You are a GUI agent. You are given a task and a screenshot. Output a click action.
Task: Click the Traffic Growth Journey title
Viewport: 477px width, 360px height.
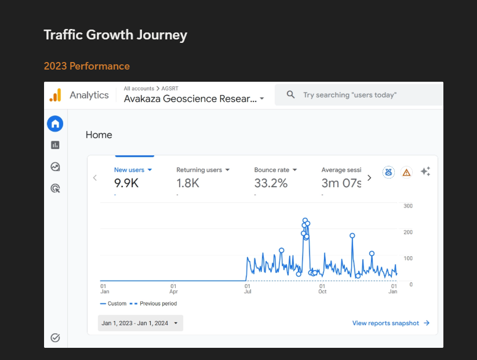pyautogui.click(x=115, y=35)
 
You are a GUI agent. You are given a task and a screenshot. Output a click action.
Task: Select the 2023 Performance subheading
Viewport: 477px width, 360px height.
pyautogui.click(x=87, y=66)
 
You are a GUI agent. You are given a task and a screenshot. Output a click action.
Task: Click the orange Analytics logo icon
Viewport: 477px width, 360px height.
pyautogui.click(x=56, y=95)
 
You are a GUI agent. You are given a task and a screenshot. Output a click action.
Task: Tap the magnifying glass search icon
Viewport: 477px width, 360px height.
pyautogui.click(x=290, y=94)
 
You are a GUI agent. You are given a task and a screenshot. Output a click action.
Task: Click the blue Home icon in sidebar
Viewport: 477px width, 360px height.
pyautogui.click(x=55, y=124)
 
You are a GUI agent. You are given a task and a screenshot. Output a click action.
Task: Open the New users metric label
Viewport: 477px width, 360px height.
pyautogui.click(x=129, y=170)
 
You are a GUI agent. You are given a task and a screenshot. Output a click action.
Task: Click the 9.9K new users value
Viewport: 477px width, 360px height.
pyautogui.click(x=126, y=183)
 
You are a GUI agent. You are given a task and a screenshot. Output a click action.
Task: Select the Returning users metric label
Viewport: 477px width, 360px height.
pyautogui.click(x=199, y=170)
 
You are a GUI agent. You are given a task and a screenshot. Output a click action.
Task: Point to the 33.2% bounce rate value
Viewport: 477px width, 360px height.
pyautogui.click(x=271, y=183)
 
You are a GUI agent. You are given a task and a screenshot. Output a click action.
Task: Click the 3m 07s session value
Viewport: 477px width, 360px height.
pyautogui.click(x=341, y=183)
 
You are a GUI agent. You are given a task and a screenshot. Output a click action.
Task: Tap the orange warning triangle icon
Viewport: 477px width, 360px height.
pyautogui.click(x=406, y=173)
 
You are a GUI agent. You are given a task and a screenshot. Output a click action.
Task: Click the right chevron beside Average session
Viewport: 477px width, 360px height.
pyautogui.click(x=369, y=178)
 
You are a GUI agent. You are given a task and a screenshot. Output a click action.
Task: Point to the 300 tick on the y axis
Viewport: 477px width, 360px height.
pyautogui.click(x=408, y=206)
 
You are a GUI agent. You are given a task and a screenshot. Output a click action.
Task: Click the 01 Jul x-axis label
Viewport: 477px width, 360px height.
pyautogui.click(x=247, y=289)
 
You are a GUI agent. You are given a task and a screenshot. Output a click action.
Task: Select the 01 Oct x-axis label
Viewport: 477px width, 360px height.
pyautogui.click(x=322, y=289)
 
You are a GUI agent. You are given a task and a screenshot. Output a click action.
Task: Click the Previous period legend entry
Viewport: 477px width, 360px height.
pyautogui.click(x=154, y=303)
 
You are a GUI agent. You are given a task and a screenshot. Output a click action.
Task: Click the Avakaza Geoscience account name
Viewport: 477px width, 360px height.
pyautogui.click(x=191, y=99)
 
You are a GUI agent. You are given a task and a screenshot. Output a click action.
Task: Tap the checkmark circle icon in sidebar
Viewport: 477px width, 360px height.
pyautogui.click(x=55, y=337)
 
